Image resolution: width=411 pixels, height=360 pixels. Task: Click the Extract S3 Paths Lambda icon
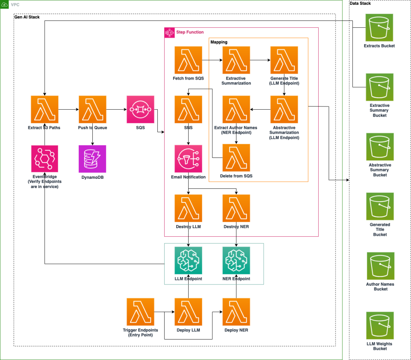(45, 109)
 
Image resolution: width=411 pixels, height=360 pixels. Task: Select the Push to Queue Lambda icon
(93, 109)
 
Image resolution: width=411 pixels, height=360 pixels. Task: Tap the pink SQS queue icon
(140, 109)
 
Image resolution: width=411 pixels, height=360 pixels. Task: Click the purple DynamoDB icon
(93, 159)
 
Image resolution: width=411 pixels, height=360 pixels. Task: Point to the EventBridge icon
(45, 159)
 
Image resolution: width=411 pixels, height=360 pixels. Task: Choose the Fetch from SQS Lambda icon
(188, 60)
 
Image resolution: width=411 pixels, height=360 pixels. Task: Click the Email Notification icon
(188, 159)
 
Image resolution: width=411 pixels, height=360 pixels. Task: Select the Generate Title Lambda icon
(284, 60)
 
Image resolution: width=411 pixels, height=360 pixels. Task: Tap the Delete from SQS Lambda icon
(236, 158)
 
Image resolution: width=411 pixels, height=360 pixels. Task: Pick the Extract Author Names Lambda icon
(236, 109)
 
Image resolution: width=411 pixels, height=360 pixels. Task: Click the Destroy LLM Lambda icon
(188, 209)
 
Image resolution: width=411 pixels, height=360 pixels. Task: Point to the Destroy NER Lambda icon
(236, 209)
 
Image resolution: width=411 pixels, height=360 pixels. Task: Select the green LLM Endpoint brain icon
(188, 260)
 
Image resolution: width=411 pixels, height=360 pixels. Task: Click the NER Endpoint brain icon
(236, 260)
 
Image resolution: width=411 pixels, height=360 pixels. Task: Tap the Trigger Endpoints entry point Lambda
(140, 312)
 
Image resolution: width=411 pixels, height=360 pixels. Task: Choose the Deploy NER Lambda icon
(236, 312)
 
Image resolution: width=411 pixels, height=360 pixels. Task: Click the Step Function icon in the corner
(169, 33)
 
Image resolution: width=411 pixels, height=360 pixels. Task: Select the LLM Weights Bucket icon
(380, 325)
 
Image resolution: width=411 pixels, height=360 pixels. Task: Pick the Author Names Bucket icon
(381, 266)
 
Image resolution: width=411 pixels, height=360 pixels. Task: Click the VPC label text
(15, 4)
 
